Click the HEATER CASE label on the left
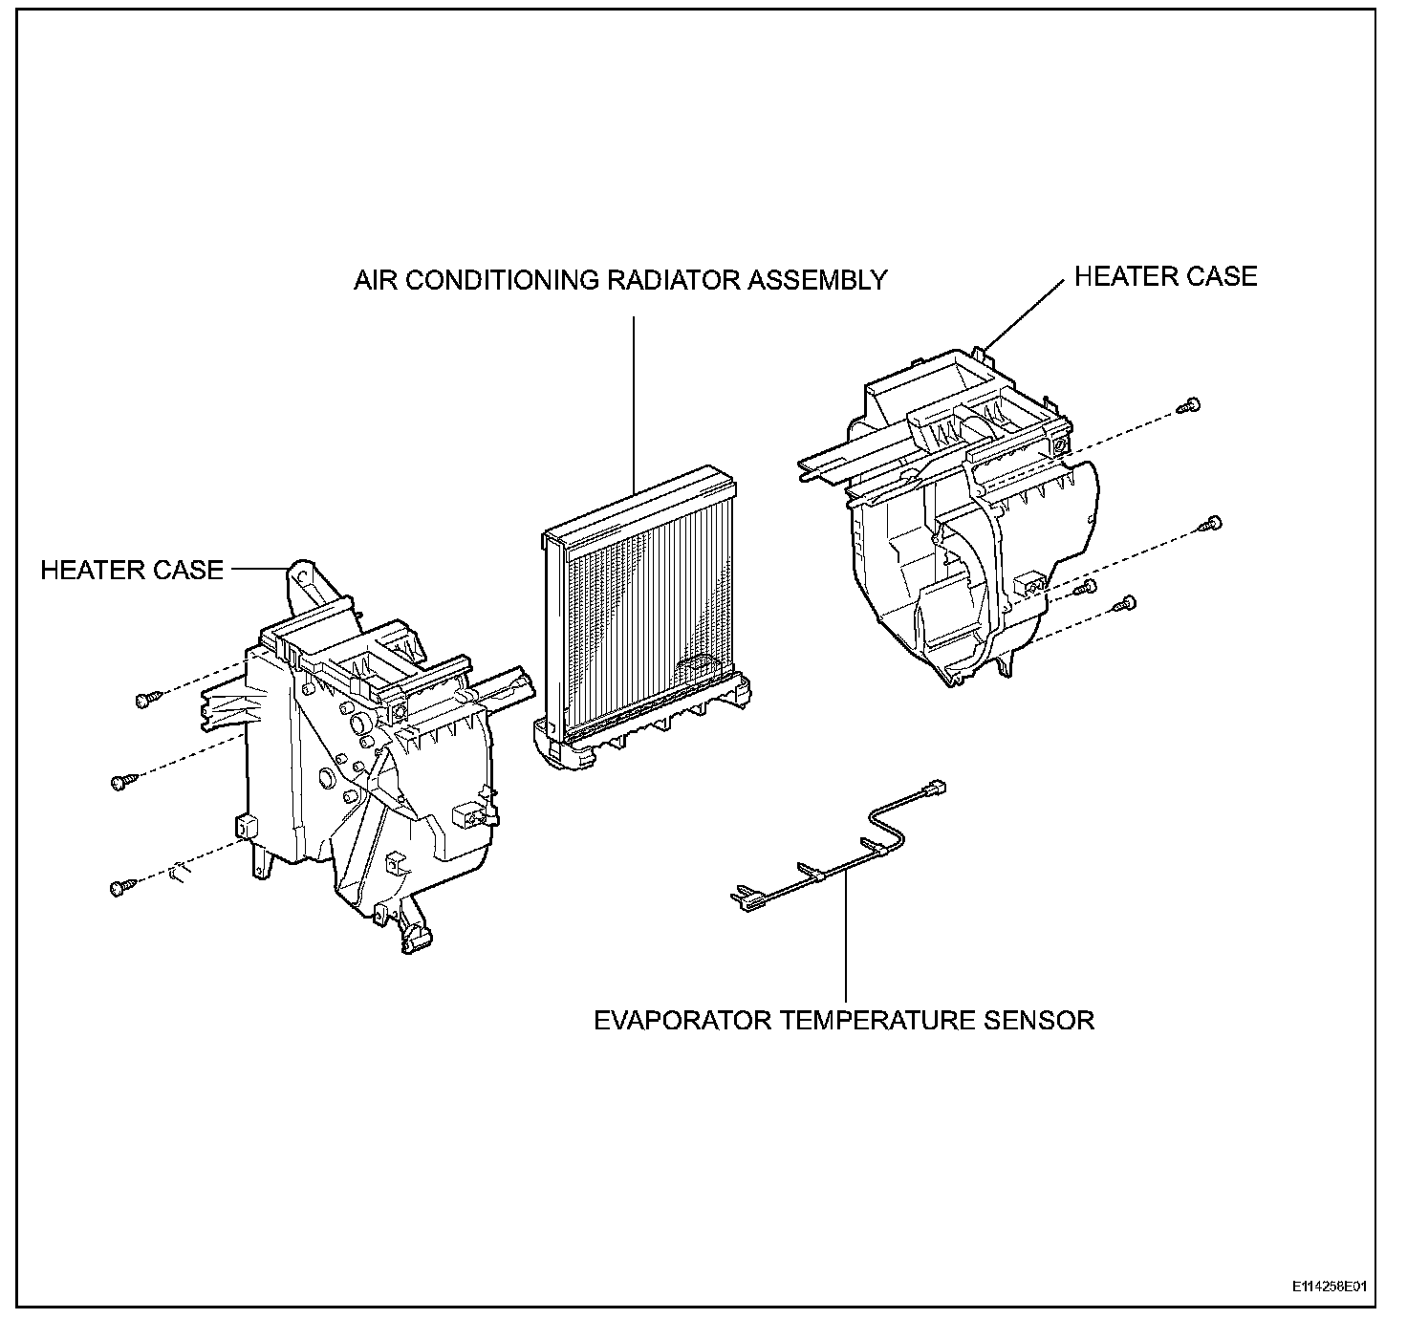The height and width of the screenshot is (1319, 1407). tap(132, 571)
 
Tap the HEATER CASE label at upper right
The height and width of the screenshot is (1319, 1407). tap(1165, 276)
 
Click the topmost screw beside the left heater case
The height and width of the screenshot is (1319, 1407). tap(145, 701)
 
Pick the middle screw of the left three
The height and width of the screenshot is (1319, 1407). tap(121, 782)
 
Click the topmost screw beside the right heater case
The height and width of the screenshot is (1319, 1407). tap(1190, 405)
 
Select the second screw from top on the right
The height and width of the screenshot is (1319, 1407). tap(1213, 522)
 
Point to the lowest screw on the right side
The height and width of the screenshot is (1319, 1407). tap(1128, 602)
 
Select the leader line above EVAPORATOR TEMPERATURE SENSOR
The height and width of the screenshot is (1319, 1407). tap(846, 937)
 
